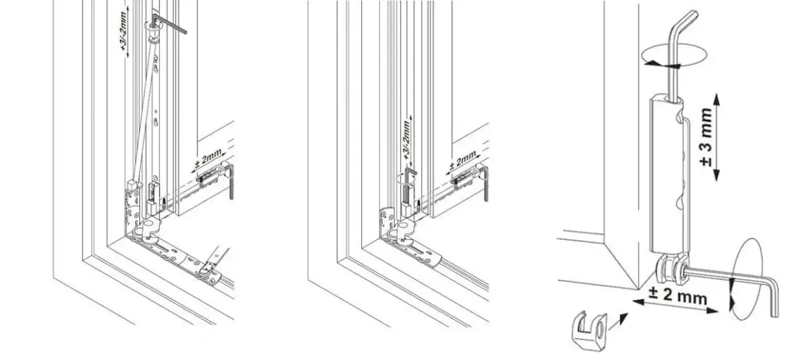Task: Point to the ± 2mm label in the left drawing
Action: [x=208, y=161]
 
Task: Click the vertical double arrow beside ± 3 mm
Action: [x=717, y=137]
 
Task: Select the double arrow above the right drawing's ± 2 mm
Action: [x=675, y=306]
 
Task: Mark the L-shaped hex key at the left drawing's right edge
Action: [x=230, y=180]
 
